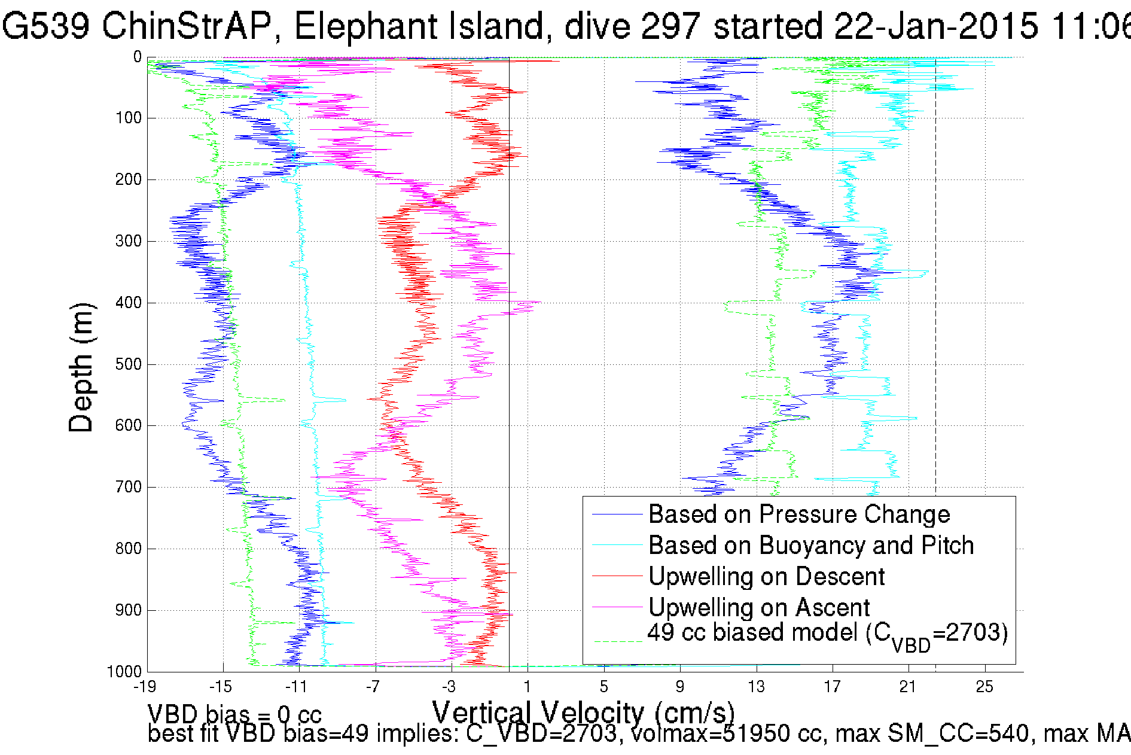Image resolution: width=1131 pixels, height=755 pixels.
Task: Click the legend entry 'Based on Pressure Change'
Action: pyautogui.click(x=798, y=515)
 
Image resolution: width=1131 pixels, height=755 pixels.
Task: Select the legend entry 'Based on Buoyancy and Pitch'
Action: pyautogui.click(x=810, y=546)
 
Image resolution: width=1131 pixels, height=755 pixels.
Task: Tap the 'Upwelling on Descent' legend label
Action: pyautogui.click(x=766, y=577)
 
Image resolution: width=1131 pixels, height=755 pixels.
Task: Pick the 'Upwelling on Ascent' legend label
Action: pyautogui.click(x=758, y=608)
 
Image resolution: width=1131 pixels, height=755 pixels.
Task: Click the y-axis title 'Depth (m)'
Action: pyautogui.click(x=81, y=367)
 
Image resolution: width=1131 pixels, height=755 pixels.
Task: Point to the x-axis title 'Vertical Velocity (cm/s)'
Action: pyautogui.click(x=583, y=713)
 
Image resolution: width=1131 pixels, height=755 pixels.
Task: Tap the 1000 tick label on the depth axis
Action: pyautogui.click(x=124, y=672)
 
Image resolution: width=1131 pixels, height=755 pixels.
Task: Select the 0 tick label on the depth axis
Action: pyautogui.click(x=138, y=57)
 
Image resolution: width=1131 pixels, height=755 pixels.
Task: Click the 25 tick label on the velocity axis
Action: pyautogui.click(x=984, y=687)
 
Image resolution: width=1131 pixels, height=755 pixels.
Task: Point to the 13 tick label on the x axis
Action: pyautogui.click(x=756, y=687)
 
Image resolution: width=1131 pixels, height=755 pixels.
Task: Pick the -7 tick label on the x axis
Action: pyautogui.click(x=373, y=687)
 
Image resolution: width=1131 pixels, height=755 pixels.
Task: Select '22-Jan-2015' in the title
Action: pyautogui.click(x=935, y=26)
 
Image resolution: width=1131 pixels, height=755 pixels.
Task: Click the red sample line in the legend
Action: pyautogui.click(x=617, y=576)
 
